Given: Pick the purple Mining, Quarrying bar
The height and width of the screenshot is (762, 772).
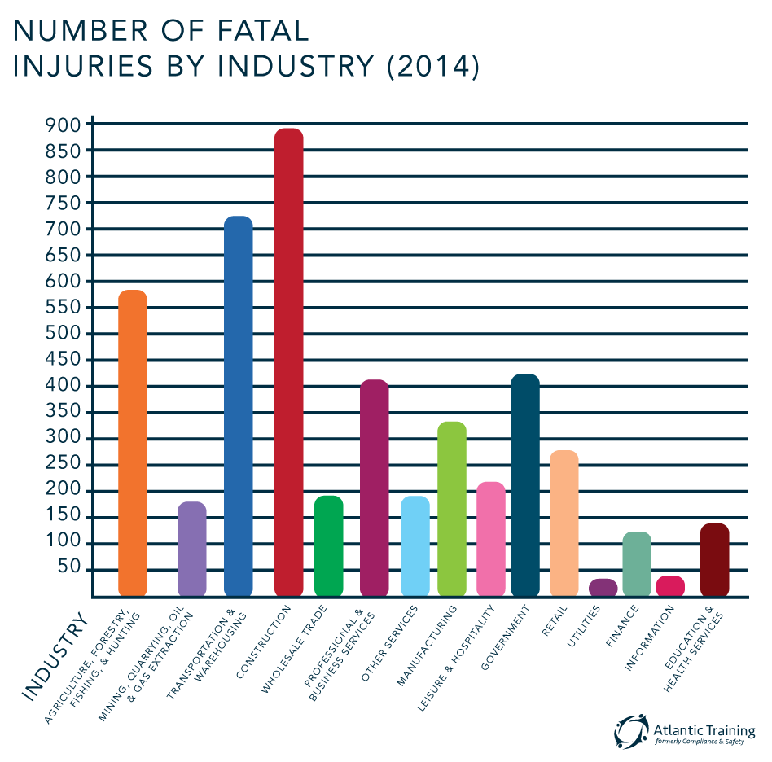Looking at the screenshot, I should tap(191, 554).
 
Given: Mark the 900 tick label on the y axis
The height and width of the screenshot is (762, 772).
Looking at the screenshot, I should tap(64, 125).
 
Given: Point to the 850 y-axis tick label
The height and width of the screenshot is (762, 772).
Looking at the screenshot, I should tap(64, 151).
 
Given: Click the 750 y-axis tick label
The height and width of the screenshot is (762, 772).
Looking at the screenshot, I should tap(64, 203).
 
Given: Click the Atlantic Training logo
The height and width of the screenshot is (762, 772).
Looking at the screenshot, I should tap(685, 730).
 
